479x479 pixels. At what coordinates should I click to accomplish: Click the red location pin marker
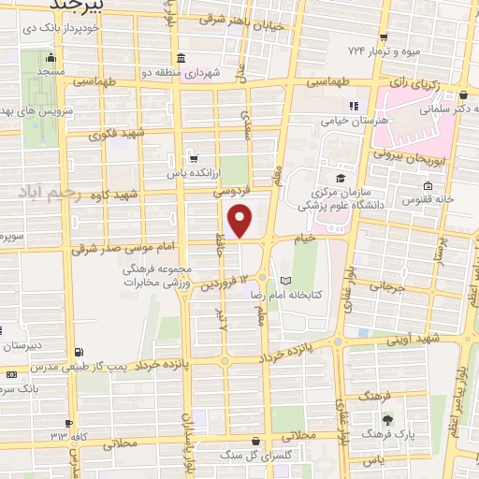240,220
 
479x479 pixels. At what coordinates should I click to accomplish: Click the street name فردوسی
240,188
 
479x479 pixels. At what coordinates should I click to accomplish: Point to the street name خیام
330,239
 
